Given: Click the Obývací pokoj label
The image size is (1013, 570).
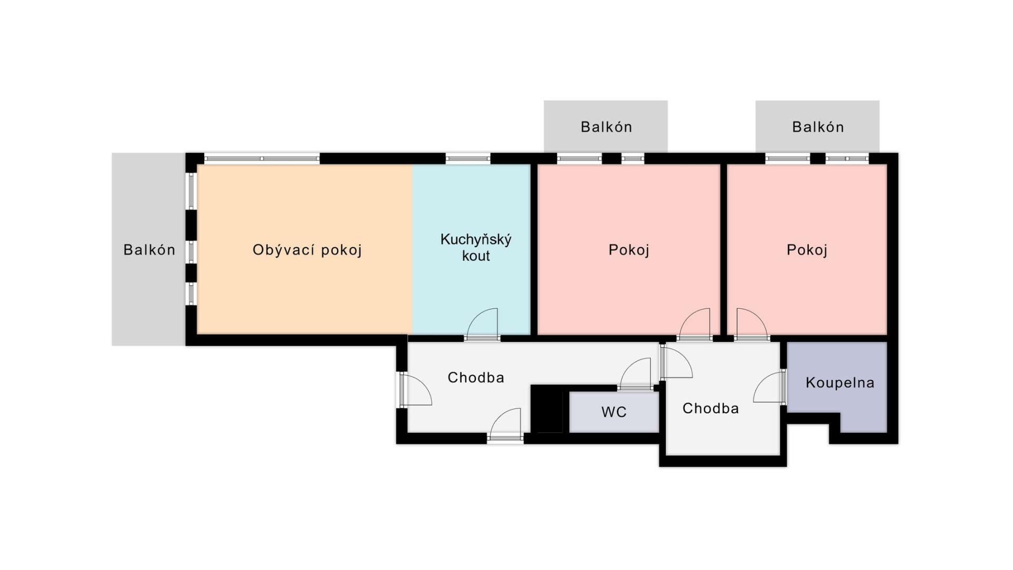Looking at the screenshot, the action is pos(307,250).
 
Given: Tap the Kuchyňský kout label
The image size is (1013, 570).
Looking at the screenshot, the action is pos(476,248).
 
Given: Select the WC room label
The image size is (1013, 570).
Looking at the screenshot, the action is pos(614,412).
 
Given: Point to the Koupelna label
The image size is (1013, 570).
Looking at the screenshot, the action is pos(840,383).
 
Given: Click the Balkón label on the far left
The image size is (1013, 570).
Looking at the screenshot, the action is pos(149,250).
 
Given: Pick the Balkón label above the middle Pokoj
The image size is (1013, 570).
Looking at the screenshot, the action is pos(606,127).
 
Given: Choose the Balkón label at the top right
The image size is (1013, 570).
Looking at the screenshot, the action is pos(818,127).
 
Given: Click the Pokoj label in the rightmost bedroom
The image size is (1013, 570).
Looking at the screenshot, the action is pos(807,250).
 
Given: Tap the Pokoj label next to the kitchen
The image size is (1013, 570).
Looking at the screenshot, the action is pos(628,250).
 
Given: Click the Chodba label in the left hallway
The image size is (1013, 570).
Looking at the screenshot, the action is pos(476,377).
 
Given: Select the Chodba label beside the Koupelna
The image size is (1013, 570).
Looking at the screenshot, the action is pos(711,408).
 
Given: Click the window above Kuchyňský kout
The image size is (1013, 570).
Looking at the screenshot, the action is pos(468,158).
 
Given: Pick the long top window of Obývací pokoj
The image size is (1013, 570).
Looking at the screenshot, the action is pos(262,158).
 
